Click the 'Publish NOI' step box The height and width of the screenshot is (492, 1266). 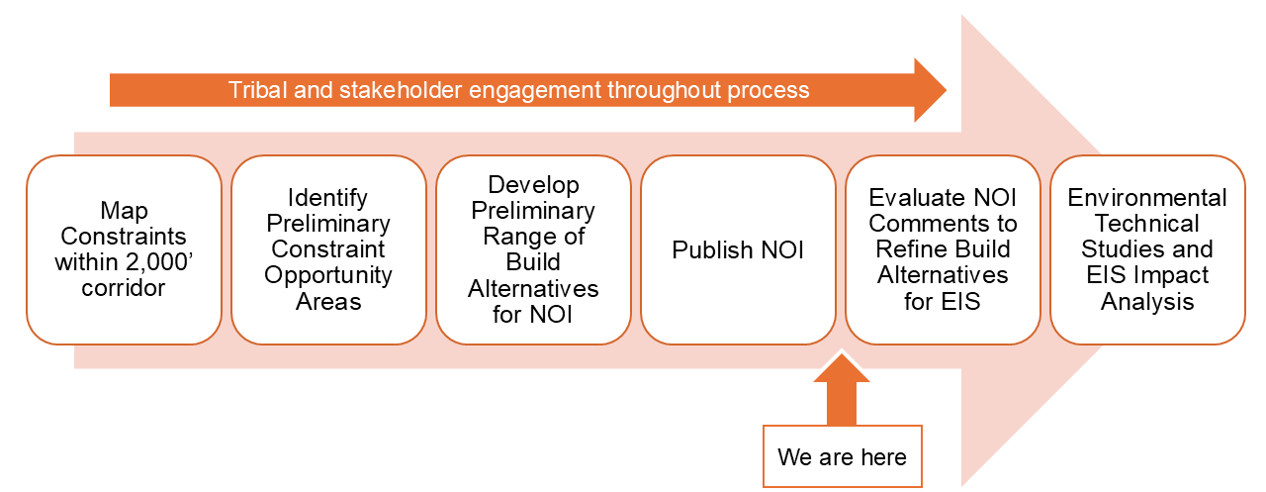(x=738, y=249)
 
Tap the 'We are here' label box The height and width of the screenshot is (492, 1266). (x=842, y=456)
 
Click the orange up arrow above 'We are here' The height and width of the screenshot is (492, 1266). (x=842, y=389)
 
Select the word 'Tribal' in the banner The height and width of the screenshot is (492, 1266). (x=257, y=90)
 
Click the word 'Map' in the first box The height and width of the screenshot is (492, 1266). (x=124, y=211)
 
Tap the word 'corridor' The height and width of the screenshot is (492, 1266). (x=124, y=288)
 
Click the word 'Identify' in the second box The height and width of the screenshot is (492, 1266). (x=327, y=198)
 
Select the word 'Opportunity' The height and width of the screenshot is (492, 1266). (x=327, y=275)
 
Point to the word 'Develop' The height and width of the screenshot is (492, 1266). (x=533, y=185)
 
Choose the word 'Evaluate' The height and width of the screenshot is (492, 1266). (x=910, y=198)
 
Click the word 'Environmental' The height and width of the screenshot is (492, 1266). (x=1146, y=198)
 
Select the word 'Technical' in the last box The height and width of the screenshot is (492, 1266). (x=1146, y=224)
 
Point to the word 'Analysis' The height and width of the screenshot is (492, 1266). (x=1146, y=301)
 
